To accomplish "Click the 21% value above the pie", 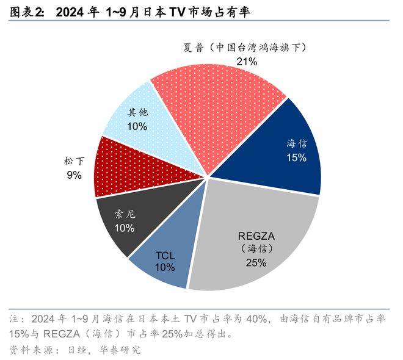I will (247, 61).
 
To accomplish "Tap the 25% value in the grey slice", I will (256, 263).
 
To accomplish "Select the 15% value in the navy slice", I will (296, 157).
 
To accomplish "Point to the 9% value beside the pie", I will (74, 176).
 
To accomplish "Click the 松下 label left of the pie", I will (74, 162).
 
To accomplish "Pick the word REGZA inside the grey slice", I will (256, 235).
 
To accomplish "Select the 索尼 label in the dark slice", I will (124, 214).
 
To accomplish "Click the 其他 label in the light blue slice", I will (137, 113).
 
